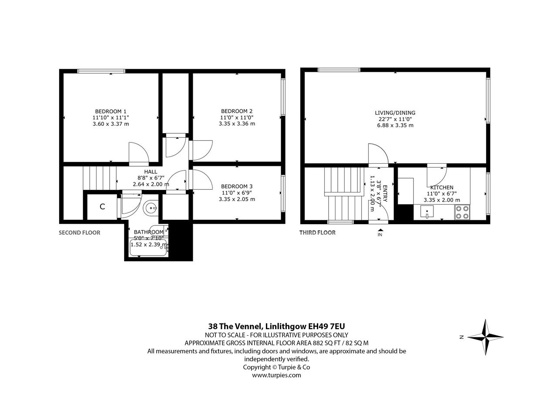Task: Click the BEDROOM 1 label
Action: (x=111, y=111)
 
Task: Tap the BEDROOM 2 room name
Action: (x=237, y=111)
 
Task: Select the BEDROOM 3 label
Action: (x=237, y=186)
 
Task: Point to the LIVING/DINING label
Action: (x=395, y=113)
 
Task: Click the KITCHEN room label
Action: (x=442, y=188)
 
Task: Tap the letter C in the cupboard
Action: (x=102, y=206)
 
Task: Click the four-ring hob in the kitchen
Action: (x=463, y=212)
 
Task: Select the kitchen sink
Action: (x=427, y=212)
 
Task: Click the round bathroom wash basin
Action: (x=151, y=207)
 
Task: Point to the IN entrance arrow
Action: (x=380, y=230)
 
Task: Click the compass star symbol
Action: (x=485, y=337)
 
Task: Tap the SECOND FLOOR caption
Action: (x=80, y=233)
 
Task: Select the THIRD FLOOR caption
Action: (x=317, y=233)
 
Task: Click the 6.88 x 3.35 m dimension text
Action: (x=395, y=125)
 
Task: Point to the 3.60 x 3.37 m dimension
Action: (x=111, y=124)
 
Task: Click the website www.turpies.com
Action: (x=276, y=375)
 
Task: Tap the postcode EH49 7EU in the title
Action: (x=326, y=326)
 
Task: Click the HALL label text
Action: (x=151, y=172)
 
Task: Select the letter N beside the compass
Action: (x=462, y=337)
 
